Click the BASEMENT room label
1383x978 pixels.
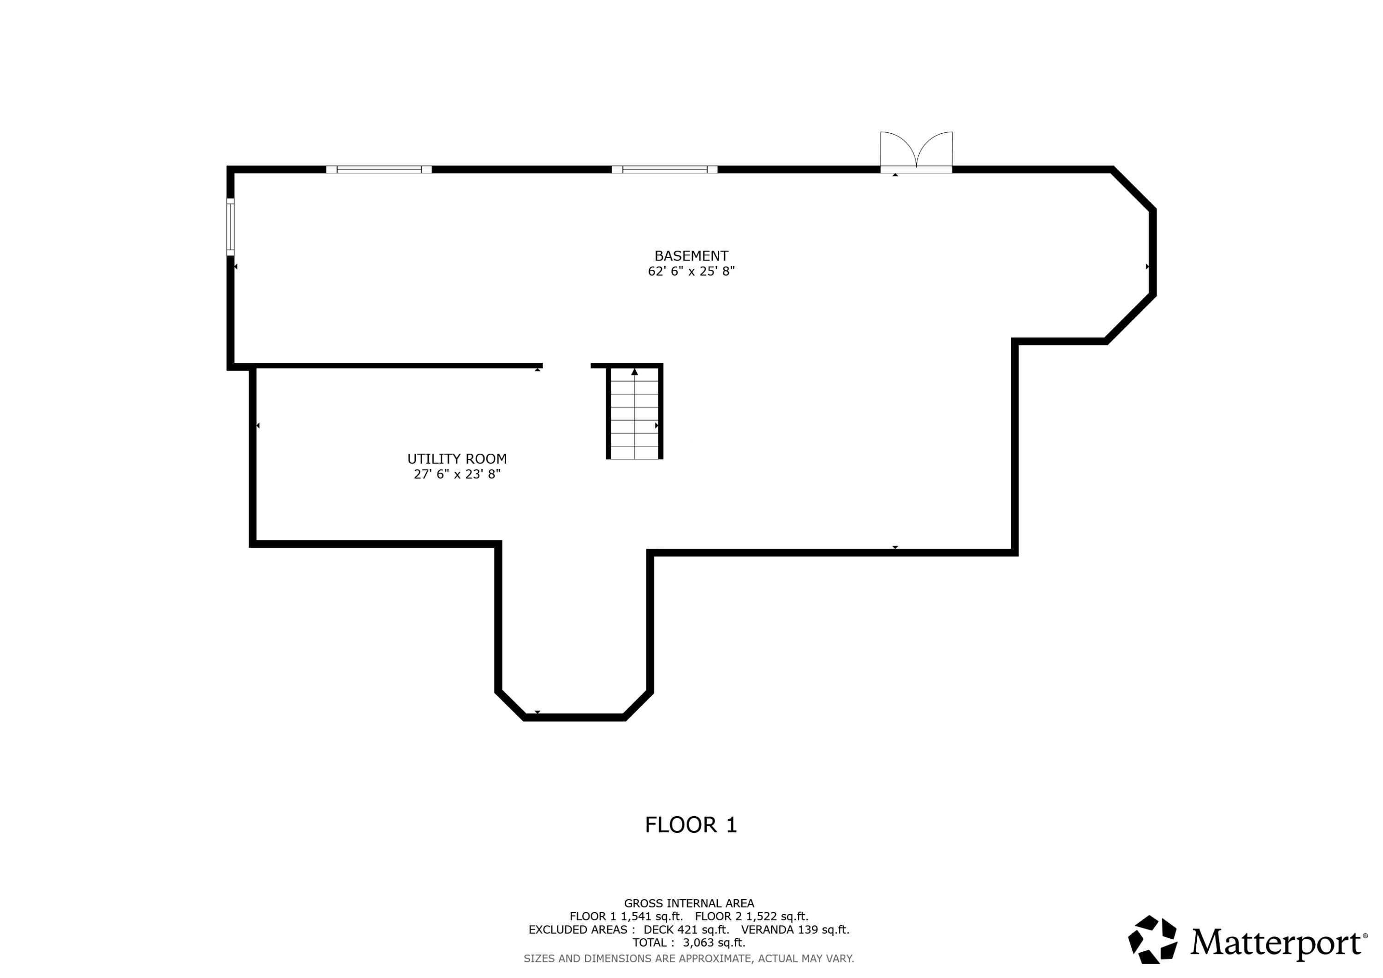tap(691, 256)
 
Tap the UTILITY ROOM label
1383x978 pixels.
tap(457, 459)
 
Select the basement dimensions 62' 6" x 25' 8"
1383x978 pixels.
tap(691, 271)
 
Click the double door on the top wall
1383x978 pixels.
tap(916, 152)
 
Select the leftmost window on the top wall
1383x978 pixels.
tap(379, 169)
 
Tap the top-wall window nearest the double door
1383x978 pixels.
tap(664, 169)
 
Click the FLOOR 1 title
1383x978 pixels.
tap(691, 825)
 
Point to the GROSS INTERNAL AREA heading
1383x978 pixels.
tap(689, 903)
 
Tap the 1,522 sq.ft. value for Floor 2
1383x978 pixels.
tap(777, 917)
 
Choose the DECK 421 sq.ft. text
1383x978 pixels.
tap(686, 930)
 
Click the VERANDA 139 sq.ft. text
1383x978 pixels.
tap(795, 930)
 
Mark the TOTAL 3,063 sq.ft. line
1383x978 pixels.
tap(689, 943)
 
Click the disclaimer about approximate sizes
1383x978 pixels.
tap(689, 959)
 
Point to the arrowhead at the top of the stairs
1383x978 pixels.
tap(634, 372)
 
